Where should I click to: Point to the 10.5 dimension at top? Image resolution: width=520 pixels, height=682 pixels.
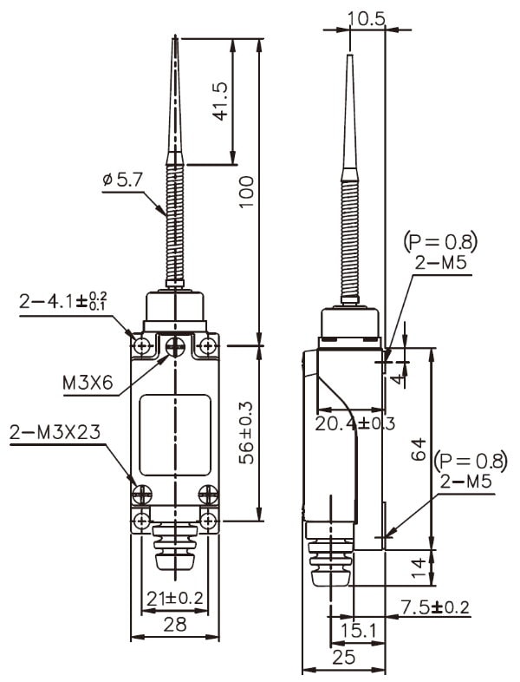(x=367, y=17)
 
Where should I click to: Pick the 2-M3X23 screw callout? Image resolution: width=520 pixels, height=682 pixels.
(x=53, y=431)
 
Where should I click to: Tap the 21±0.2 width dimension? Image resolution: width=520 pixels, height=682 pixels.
(x=174, y=598)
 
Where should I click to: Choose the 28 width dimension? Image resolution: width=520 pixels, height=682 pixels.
(x=174, y=623)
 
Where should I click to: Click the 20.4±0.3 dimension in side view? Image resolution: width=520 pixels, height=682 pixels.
(x=354, y=423)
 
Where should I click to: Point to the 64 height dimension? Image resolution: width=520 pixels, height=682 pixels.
(x=419, y=449)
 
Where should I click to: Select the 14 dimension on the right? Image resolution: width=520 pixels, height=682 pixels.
(x=419, y=568)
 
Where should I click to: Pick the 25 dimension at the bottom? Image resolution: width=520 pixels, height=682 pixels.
(x=343, y=657)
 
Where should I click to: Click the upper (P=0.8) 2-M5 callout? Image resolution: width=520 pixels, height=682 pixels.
(x=440, y=252)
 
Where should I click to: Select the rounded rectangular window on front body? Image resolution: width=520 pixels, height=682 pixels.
(x=175, y=435)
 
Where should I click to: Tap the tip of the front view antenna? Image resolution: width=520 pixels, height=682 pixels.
(x=176, y=38)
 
